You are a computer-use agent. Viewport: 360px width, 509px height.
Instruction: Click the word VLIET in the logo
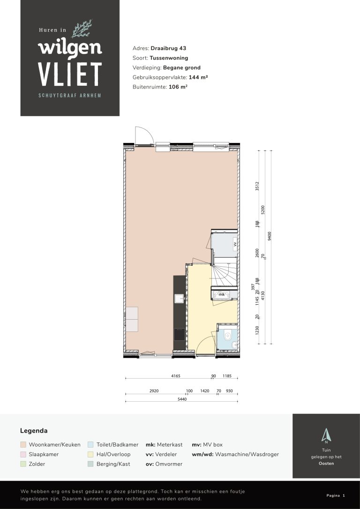coord(70,74)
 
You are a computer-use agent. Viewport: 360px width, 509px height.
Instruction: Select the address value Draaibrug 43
coord(169,48)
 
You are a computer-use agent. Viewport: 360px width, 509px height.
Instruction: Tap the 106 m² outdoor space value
coord(178,87)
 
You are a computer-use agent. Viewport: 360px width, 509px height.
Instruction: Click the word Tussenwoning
coord(169,58)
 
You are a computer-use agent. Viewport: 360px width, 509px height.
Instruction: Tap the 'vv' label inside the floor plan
coord(235,244)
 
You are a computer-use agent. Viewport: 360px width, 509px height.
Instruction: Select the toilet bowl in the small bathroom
coord(227,336)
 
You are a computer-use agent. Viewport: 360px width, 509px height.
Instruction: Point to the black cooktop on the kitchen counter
coord(179,334)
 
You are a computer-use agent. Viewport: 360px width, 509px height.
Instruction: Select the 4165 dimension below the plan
coord(176,376)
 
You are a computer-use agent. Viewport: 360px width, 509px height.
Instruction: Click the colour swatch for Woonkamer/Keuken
coord(23,444)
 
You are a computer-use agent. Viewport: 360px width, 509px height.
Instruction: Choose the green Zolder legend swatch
coord(23,464)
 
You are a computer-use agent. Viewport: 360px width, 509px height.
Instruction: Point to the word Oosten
coord(326,463)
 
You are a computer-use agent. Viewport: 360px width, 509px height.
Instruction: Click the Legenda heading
coord(34,430)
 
